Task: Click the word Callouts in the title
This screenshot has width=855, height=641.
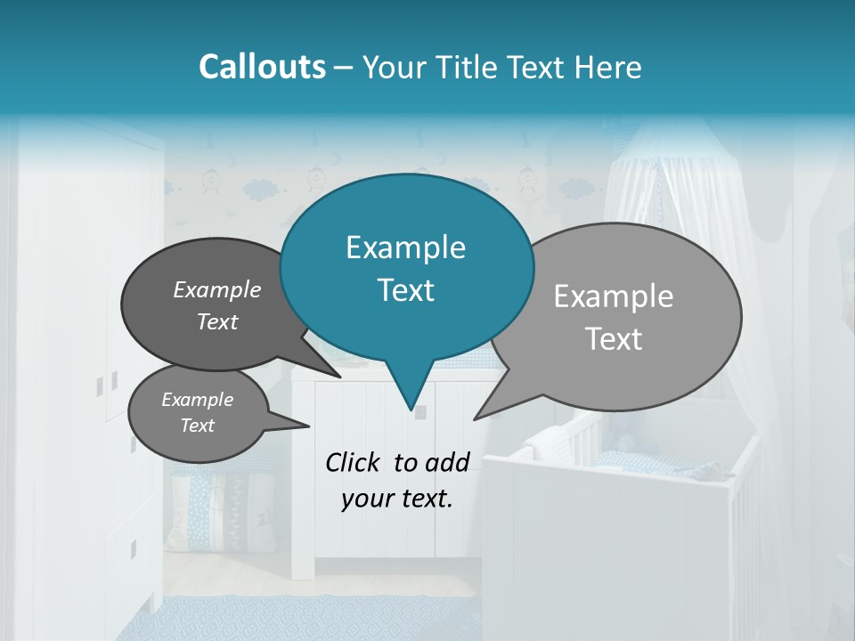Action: (262, 67)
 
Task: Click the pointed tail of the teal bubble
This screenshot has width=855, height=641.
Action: (411, 405)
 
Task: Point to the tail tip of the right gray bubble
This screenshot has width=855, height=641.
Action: (476, 418)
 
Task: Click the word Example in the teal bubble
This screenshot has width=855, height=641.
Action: (405, 247)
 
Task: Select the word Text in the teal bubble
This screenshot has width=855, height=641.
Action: (405, 290)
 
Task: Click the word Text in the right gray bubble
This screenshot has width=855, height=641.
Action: (614, 339)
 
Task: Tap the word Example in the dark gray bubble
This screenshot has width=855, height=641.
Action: (217, 289)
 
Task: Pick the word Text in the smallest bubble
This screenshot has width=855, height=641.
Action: (197, 426)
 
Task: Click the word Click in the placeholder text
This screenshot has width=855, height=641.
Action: (354, 462)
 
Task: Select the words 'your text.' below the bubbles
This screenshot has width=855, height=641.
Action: (396, 499)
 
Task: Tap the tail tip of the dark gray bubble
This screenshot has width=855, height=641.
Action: (339, 376)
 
